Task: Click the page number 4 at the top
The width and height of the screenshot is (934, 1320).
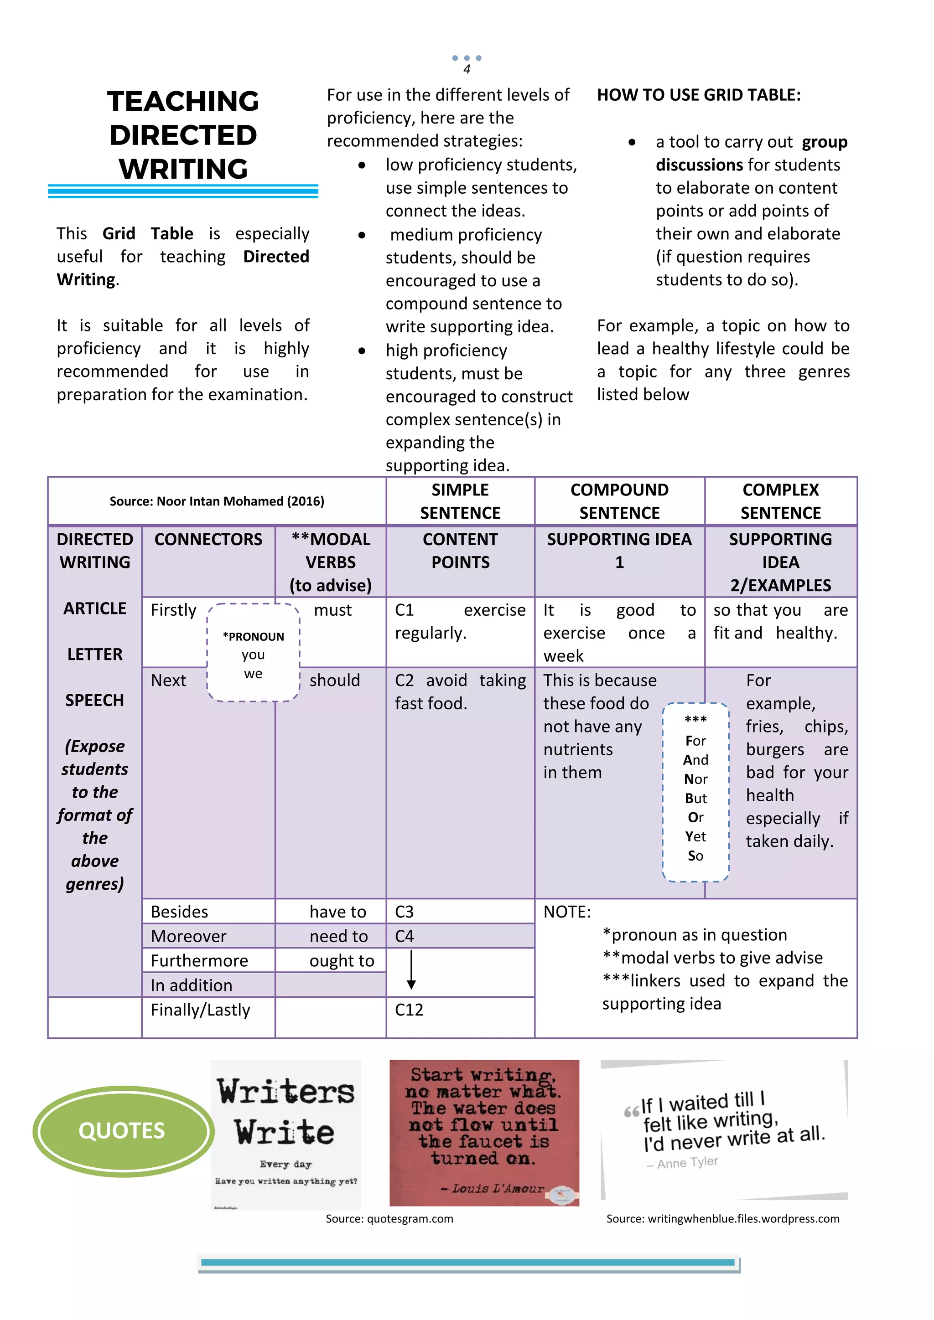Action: pyautogui.click(x=467, y=70)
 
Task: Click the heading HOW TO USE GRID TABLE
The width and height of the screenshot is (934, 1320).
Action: pyautogui.click(x=698, y=95)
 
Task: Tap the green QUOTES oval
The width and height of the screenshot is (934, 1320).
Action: pyautogui.click(x=122, y=1130)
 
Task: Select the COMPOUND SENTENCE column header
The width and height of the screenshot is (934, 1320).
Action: pyautogui.click(x=619, y=501)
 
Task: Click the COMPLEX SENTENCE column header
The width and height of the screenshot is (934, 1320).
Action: pyautogui.click(x=780, y=501)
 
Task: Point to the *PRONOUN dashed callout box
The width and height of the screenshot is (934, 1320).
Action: pyautogui.click(x=253, y=653)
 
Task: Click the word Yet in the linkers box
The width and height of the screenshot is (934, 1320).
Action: pyautogui.click(x=695, y=836)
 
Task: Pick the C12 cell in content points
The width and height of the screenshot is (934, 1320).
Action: pyautogui.click(x=409, y=1010)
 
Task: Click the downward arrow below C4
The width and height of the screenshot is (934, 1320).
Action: pyautogui.click(x=411, y=970)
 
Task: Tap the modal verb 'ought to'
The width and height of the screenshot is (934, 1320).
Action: pyautogui.click(x=342, y=961)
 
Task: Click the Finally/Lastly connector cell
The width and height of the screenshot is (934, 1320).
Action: pyautogui.click(x=200, y=1010)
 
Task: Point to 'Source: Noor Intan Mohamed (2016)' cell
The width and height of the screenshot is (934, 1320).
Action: pyautogui.click(x=217, y=501)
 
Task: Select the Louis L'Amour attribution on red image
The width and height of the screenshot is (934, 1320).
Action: pyautogui.click(x=498, y=1188)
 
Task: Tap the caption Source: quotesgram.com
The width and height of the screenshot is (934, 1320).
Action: pyautogui.click(x=389, y=1219)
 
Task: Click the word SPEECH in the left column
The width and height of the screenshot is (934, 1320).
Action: pyautogui.click(x=94, y=700)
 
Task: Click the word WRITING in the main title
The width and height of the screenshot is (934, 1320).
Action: pyautogui.click(x=183, y=169)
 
